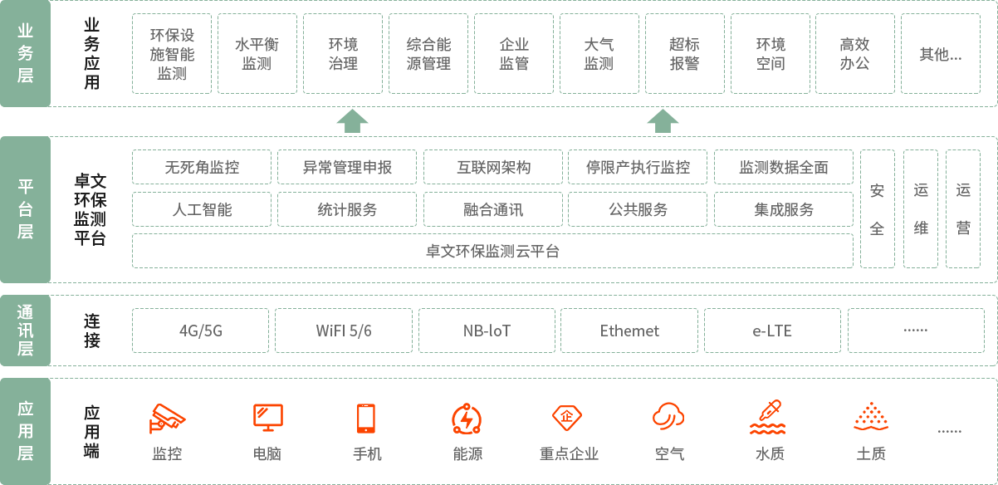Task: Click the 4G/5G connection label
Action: (201, 331)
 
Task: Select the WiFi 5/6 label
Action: (344, 331)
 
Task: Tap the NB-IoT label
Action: (487, 331)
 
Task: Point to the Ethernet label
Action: (629, 331)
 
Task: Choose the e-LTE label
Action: (772, 331)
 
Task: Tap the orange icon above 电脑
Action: (267, 418)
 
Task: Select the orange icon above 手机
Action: (366, 419)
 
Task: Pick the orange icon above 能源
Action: (467, 419)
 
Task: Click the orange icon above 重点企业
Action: (567, 418)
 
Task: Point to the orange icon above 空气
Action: (668, 417)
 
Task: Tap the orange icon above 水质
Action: (769, 418)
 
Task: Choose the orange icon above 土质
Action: (870, 418)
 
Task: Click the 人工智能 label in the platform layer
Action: (202, 209)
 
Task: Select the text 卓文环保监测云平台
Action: (492, 251)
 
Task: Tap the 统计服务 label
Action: (347, 209)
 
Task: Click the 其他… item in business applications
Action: (940, 54)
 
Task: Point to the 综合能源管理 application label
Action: (428, 54)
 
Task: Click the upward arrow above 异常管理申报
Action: (352, 120)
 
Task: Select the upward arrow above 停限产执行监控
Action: (663, 120)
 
